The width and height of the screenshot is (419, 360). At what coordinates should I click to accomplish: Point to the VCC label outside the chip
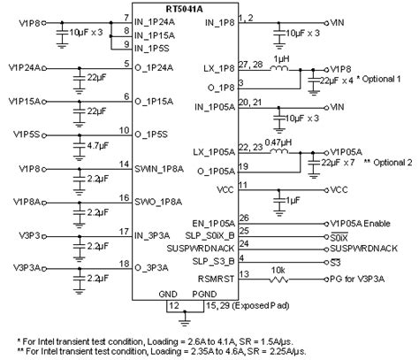339,189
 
